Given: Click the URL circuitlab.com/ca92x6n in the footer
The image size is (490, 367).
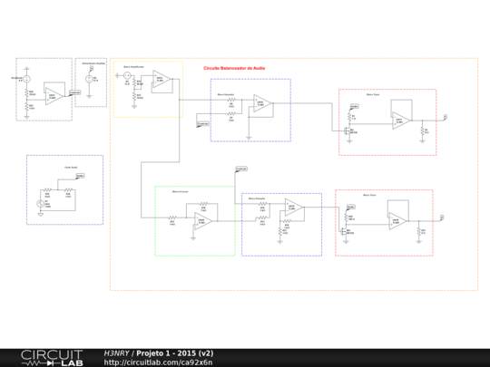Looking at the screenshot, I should (158, 362).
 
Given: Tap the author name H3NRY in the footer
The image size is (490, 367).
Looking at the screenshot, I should (117, 353).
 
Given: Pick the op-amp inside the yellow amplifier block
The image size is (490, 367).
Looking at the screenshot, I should (161, 80).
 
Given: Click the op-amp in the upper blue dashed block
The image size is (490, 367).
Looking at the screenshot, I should (262, 103).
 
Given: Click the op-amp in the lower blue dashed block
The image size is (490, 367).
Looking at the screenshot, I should (293, 209).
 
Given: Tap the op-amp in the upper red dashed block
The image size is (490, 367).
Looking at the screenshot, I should (400, 119).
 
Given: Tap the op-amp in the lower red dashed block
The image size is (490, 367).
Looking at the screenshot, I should (397, 221).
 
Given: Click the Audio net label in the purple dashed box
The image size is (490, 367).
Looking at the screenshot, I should (80, 176).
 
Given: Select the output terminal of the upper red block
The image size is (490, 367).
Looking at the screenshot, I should (445, 117).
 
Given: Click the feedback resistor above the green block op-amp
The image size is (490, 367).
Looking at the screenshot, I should (204, 204).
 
